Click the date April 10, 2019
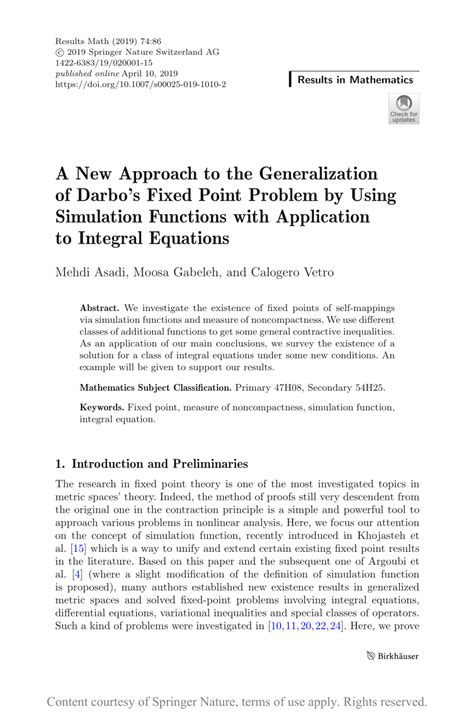pos(155,75)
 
